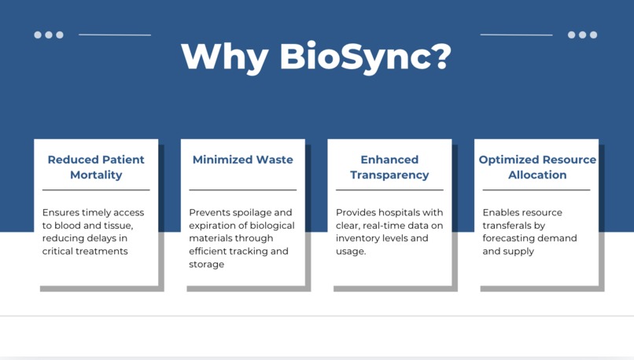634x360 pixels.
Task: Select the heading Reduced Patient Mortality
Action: tap(96, 167)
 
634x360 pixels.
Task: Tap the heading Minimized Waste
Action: tap(242, 160)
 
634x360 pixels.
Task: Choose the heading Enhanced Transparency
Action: tap(389, 167)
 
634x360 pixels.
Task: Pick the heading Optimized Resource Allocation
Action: tap(537, 167)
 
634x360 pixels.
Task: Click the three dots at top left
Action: tap(49, 35)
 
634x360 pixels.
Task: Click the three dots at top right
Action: tap(582, 35)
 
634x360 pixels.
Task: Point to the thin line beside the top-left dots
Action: tap(115, 35)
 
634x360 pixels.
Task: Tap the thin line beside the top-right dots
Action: tap(516, 35)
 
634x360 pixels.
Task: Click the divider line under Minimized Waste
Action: tap(242, 189)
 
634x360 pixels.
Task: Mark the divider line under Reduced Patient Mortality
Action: tap(96, 189)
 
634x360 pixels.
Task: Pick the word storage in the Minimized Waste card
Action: tap(206, 264)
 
